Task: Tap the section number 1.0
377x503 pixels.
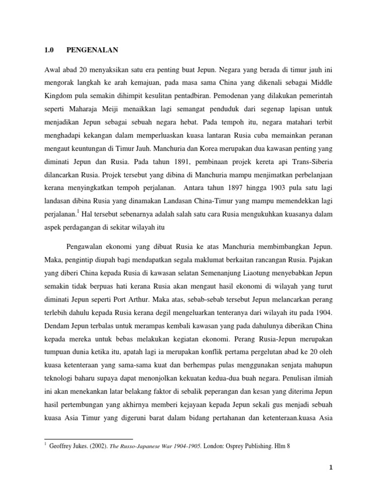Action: point(49,50)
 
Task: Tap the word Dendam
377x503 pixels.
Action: point(58,326)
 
